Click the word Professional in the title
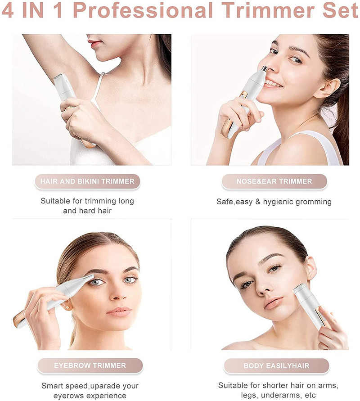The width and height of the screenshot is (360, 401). [143, 10]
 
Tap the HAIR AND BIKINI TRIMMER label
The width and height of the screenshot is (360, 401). [87, 181]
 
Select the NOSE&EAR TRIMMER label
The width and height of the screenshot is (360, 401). [274, 181]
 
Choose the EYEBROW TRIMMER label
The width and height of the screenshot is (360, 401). [90, 366]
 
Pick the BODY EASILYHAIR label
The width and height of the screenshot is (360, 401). [276, 366]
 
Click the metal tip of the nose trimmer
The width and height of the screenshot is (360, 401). [264, 68]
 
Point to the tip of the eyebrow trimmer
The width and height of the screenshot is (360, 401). [91, 276]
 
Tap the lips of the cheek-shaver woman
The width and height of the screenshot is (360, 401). [273, 303]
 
